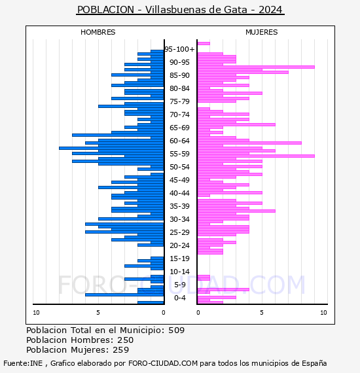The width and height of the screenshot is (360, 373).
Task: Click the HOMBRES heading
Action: pyautogui.click(x=98, y=32)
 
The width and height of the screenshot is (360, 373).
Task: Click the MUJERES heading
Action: pyautogui.click(x=262, y=32)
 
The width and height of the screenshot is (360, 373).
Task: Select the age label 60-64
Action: pyautogui.click(x=179, y=141)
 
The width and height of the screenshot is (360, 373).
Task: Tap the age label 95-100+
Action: pyautogui.click(x=179, y=49)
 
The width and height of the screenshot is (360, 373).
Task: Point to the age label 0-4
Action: pyautogui.click(x=179, y=298)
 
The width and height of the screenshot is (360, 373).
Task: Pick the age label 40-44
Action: pyautogui.click(x=179, y=193)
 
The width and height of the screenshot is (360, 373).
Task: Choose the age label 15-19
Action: pyautogui.click(x=179, y=258)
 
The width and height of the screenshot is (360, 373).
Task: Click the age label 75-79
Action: pyautogui.click(x=179, y=101)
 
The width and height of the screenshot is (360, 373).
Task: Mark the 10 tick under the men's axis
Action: pyautogui.click(x=36, y=313)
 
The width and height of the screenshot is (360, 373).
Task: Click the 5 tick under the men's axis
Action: pyautogui.click(x=98, y=313)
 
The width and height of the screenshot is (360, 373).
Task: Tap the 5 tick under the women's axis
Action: pyautogui.click(x=262, y=313)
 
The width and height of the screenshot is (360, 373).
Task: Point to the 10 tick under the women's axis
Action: pyautogui.click(x=323, y=313)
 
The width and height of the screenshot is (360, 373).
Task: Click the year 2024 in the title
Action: pyautogui.click(x=270, y=10)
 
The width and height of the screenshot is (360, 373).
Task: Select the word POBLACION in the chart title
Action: pyautogui.click(x=105, y=10)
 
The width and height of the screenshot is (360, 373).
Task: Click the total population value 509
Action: pyautogui.click(x=177, y=330)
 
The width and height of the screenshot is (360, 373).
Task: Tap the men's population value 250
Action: pyautogui.click(x=126, y=340)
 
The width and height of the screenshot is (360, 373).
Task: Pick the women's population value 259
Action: pyautogui.click(x=121, y=349)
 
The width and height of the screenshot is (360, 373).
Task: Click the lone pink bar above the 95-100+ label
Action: pyautogui.click(x=204, y=44)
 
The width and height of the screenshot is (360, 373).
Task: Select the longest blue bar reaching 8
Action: pyautogui.click(x=111, y=148)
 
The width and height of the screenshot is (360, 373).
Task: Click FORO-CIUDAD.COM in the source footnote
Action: pyautogui.click(x=163, y=363)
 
